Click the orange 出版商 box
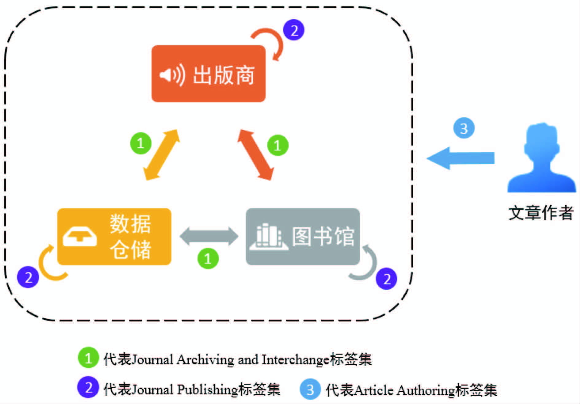[x=208, y=74]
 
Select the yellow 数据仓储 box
[x=114, y=236]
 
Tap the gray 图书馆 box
[x=303, y=236]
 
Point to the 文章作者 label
[x=541, y=212]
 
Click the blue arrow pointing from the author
[x=460, y=158]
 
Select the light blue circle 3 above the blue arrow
[x=464, y=128]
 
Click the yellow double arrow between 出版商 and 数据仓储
[x=162, y=155]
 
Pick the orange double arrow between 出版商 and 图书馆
[x=255, y=155]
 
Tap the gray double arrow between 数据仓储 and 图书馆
[x=209, y=236]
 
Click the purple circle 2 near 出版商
[x=294, y=30]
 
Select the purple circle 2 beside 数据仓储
[x=28, y=277]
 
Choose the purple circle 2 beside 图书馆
[x=386, y=278]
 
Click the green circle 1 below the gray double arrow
[x=208, y=258]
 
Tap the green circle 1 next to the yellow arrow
[x=141, y=143]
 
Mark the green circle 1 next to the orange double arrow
[x=277, y=145]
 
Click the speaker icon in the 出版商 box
[x=172, y=75]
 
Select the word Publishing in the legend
[x=207, y=389]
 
